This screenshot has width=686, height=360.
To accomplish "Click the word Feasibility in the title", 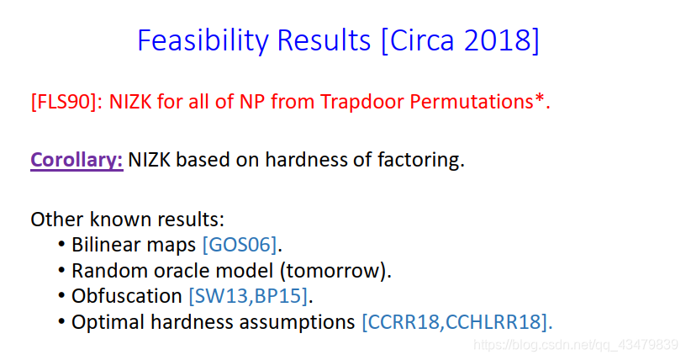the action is [x=203, y=40].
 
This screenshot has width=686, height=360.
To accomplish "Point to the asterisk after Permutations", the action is [x=539, y=98].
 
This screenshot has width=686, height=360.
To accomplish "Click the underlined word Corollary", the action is [x=77, y=160].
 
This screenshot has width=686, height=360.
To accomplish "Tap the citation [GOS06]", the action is [x=240, y=245].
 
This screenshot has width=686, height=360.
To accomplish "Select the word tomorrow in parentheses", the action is [x=335, y=271].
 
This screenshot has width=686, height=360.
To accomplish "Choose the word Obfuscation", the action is [x=126, y=296].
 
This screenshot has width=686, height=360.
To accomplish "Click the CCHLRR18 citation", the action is [x=493, y=322].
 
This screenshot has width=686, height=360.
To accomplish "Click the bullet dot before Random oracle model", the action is [x=61, y=271].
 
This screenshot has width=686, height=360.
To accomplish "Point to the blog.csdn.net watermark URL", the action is [x=575, y=345].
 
